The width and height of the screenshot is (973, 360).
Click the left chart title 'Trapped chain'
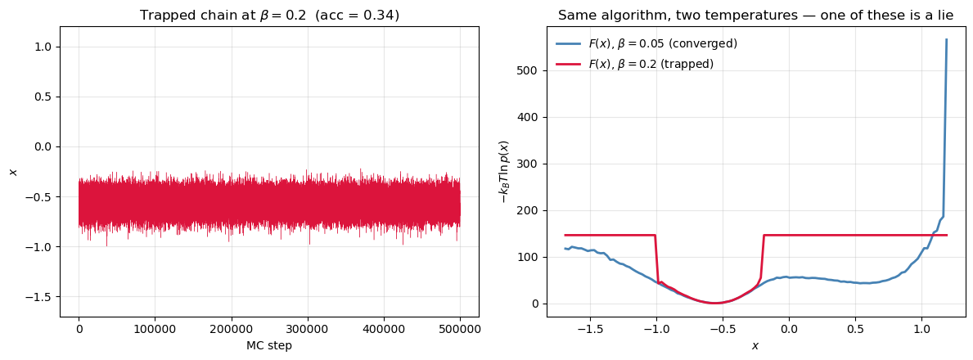tap(269, 16)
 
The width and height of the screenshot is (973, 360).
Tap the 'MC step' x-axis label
tap(269, 345)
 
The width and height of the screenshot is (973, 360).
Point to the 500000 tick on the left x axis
tap(460, 329)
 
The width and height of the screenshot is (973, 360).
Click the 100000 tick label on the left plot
tap(155, 329)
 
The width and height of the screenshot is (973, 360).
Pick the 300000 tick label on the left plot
tap(308, 329)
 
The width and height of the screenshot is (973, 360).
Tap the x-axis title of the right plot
tap(755, 346)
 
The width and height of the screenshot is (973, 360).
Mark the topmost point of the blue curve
tap(947, 39)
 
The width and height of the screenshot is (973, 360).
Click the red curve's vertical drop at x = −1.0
tap(656, 258)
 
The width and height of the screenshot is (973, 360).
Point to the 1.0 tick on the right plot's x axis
tap(921, 329)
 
